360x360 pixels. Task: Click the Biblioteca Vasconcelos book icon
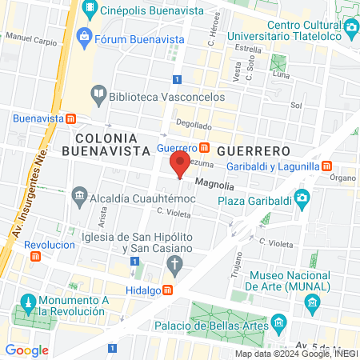coord(98,93)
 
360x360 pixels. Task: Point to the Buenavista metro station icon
coord(71,118)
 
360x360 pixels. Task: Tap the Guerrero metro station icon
coord(205,148)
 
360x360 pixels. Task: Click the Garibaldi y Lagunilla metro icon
coord(326,166)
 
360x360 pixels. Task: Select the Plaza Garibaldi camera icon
coord(302,198)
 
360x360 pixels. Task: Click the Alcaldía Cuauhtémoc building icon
coord(78,194)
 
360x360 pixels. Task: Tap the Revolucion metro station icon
coord(35,257)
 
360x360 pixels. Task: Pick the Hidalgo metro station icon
coord(168,290)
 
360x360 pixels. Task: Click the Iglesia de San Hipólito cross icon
coord(180,262)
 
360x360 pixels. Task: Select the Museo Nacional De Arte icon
coord(312,302)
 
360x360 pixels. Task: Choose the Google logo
coord(26,350)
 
